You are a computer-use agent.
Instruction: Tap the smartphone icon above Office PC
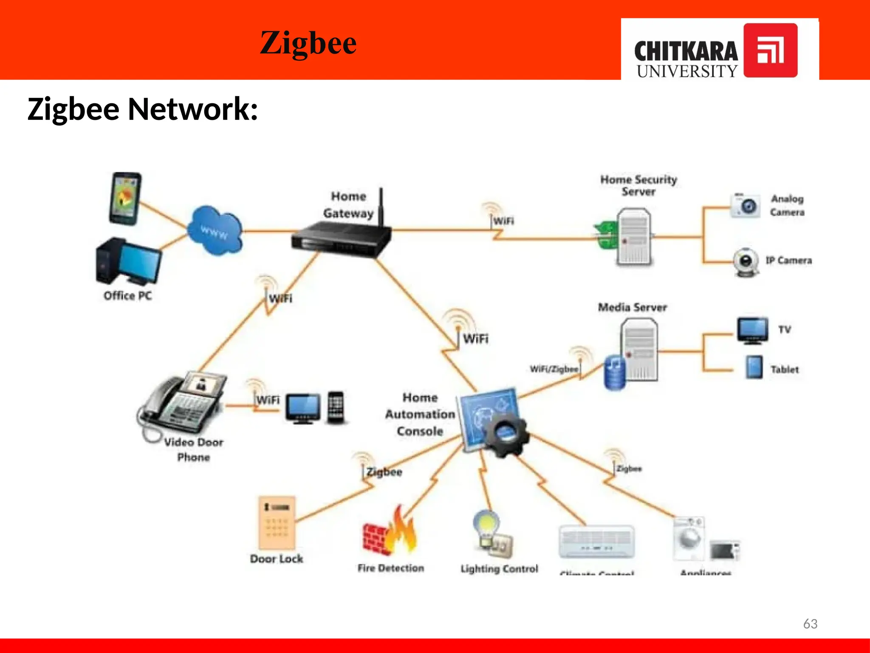click(124, 199)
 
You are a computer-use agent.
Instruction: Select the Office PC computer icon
click(127, 261)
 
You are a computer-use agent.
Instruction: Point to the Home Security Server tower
click(633, 236)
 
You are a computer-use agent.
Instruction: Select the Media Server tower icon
click(638, 349)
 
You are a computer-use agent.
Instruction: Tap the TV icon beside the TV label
click(752, 329)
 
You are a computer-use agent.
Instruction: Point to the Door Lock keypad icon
click(277, 522)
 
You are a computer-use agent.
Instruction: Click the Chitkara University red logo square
click(770, 50)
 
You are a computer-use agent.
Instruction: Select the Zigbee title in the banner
click(308, 43)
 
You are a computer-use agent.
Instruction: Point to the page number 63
click(810, 624)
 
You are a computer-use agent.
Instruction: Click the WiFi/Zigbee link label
click(554, 369)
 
